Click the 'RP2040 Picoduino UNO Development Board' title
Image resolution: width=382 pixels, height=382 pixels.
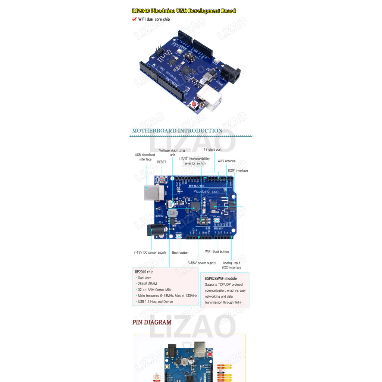pos(184,11)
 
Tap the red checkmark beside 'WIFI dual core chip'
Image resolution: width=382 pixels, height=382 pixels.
pos(134,19)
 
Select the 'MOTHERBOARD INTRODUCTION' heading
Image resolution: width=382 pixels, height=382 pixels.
pos(177,131)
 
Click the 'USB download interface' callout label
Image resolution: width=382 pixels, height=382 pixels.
pos(145,157)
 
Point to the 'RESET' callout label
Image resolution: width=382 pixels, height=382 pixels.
pos(162,162)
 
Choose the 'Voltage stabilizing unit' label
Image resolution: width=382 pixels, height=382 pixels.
pos(172,153)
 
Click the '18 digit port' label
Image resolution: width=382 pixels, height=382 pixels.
pos(212,150)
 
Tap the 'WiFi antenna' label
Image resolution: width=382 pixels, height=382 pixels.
pos(226,161)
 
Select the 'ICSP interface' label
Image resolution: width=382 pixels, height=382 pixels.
pos(238,170)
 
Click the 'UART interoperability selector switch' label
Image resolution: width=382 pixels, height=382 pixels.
pos(194,161)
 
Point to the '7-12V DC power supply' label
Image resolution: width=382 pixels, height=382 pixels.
pos(150,253)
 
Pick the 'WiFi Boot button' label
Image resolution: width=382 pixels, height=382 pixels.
pos(217,251)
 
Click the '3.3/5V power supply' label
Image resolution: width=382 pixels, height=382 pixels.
pos(201,263)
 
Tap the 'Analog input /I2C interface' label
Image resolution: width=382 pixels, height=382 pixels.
pos(232,265)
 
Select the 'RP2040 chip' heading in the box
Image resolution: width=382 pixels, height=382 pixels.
pos(144,272)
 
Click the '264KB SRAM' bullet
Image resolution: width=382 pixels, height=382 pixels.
pos(147,284)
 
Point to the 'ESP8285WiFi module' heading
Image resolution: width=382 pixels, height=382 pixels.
pos(221,278)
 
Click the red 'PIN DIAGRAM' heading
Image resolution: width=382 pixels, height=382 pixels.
pos(152,322)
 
